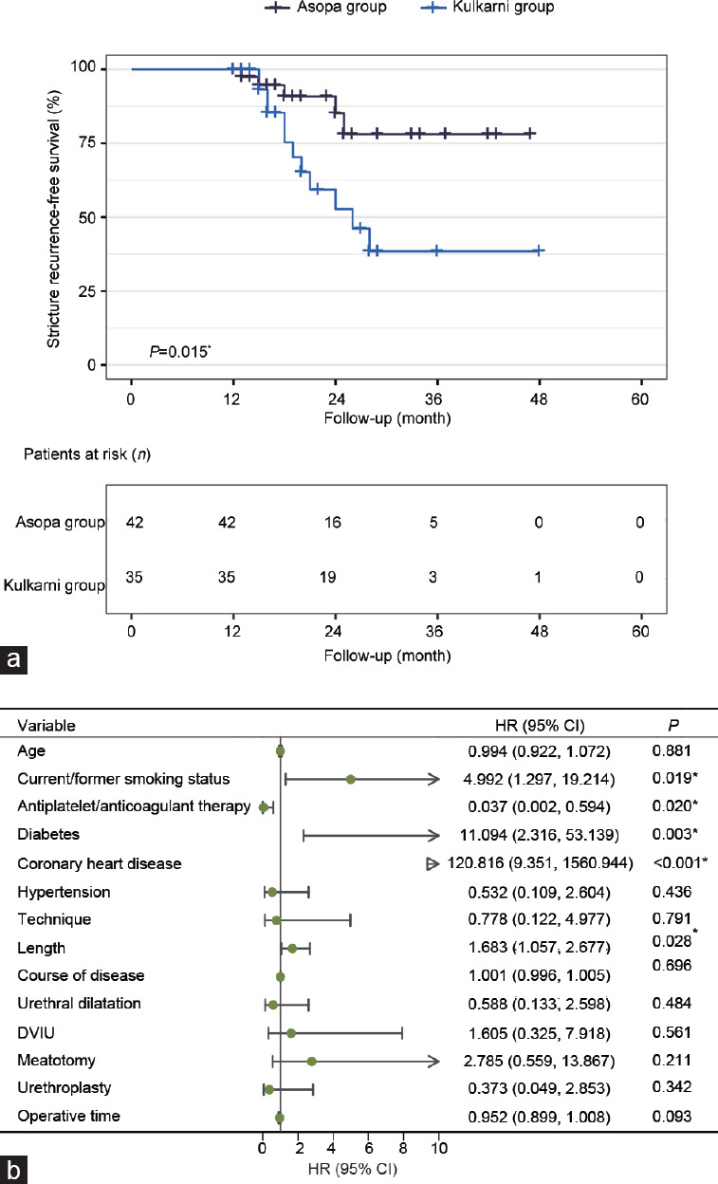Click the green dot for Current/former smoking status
tap(351, 780)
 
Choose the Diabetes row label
tap(47, 835)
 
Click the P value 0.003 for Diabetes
tap(677, 835)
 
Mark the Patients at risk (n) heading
tap(87, 453)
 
